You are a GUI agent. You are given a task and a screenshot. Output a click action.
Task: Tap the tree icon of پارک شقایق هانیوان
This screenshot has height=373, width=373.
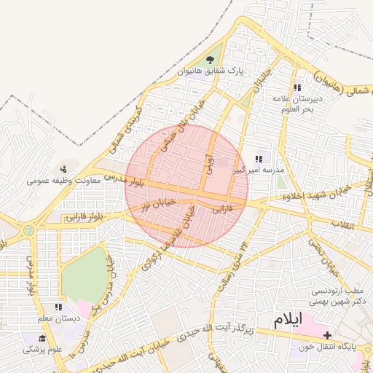point(211,60)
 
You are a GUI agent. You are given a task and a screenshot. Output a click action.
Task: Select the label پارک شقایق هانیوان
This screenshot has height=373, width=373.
point(210,71)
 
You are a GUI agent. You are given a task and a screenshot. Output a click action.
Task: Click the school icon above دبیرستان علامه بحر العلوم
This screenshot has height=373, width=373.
point(297,87)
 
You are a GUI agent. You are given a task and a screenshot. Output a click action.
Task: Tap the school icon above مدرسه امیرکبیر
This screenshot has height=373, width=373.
point(258,158)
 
